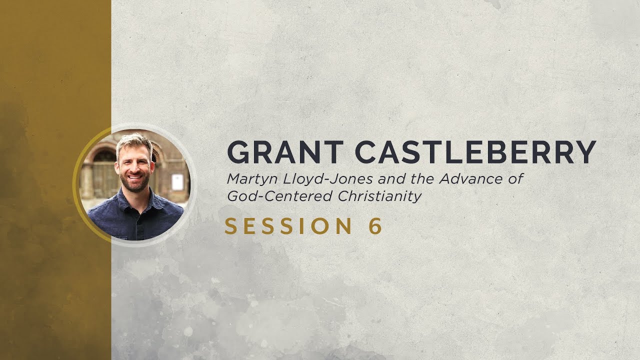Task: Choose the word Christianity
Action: tap(380, 196)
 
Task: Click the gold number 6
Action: tap(375, 226)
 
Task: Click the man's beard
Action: tap(134, 183)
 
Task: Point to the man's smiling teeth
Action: tap(134, 176)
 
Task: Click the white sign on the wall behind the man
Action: tap(177, 181)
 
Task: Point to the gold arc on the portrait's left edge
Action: tap(76, 185)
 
